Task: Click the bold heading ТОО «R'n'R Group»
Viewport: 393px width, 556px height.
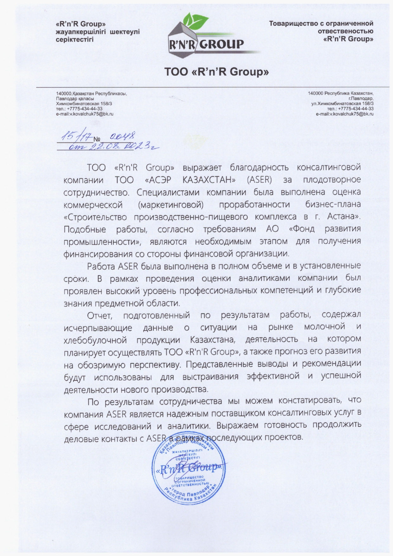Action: [x=216, y=72]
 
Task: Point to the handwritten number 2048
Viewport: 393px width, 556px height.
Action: [x=123, y=137]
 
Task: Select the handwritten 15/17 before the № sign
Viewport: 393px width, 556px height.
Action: [x=76, y=137]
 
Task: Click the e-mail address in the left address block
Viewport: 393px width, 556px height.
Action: [x=85, y=113]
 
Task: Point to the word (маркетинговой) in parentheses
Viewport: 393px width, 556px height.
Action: [x=171, y=205]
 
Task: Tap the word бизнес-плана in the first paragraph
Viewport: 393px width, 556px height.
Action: [x=333, y=205]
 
